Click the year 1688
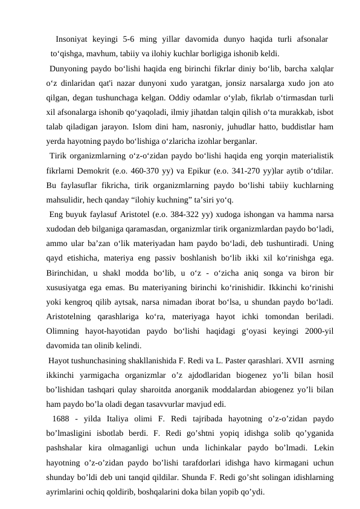[63, 420]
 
